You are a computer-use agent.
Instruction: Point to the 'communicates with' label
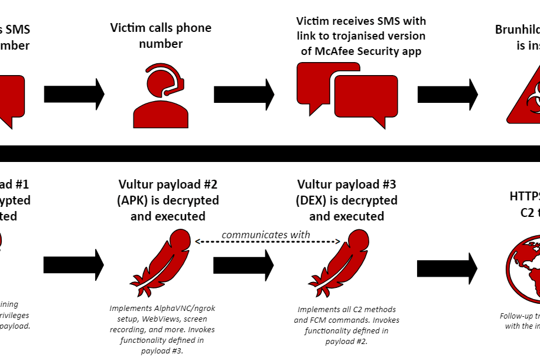pos(266,235)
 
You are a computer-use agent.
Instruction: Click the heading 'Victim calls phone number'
pos(161,35)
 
